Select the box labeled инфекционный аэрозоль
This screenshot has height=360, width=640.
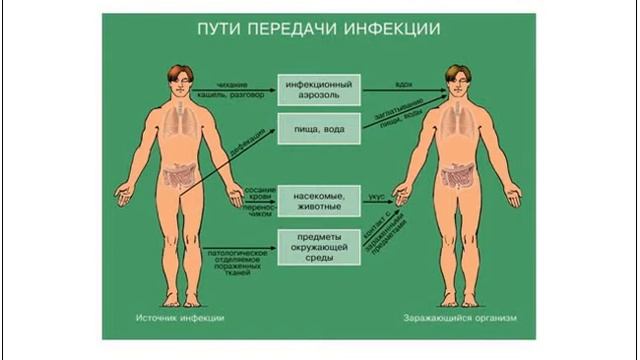coord(319,92)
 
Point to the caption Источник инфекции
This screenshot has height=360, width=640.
coord(180,318)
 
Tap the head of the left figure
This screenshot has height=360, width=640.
coord(181,78)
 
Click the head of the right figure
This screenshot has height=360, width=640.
coord(458,78)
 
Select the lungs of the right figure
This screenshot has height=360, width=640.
coord(458,125)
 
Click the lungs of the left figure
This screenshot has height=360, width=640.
coord(181,125)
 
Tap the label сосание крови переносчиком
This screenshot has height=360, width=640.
coord(259,198)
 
